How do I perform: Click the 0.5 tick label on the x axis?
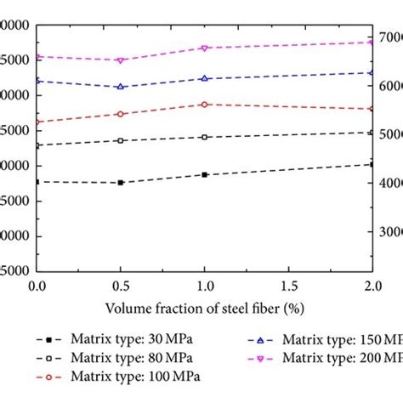[x=120, y=287]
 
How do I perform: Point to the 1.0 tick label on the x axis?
[x=204, y=287]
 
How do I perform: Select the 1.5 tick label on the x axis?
[x=288, y=287]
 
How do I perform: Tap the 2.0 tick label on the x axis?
[x=371, y=287]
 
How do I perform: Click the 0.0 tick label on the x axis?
[x=37, y=287]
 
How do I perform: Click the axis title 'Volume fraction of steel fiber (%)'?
[x=204, y=306]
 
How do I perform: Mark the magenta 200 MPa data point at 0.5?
[x=121, y=60]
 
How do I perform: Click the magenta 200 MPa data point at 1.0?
[x=204, y=48]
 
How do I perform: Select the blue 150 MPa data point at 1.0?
[x=204, y=78]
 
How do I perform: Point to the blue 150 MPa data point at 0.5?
[x=121, y=87]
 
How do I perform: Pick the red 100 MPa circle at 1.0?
[x=204, y=105]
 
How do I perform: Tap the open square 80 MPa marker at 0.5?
[x=121, y=140]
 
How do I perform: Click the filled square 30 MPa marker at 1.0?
[x=204, y=174]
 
